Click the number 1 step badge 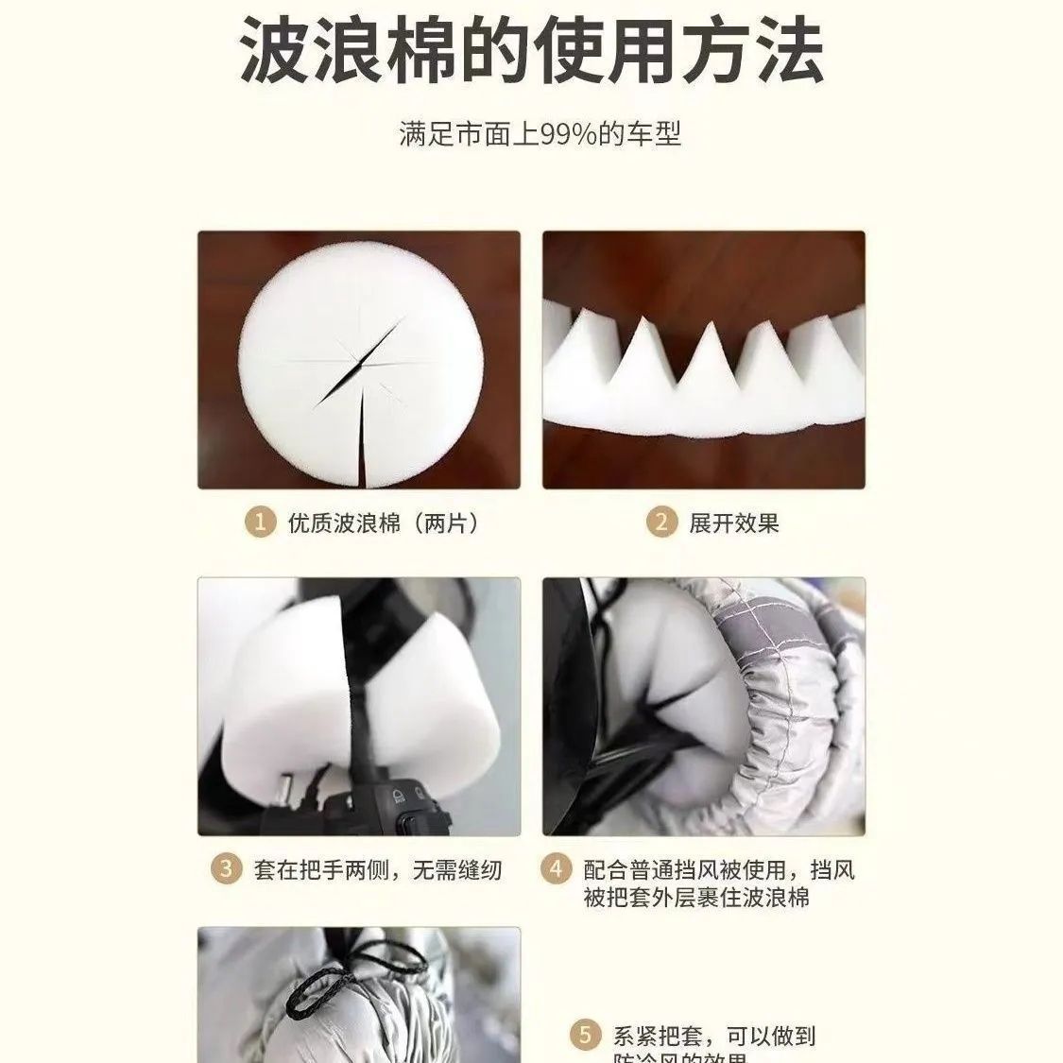(x=259, y=523)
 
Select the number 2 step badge (x=661, y=523)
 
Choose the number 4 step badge (x=556, y=869)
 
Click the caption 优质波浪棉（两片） (x=383, y=523)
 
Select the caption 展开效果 (x=733, y=523)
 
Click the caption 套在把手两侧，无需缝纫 (x=378, y=869)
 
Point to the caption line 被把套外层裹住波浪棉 (x=696, y=897)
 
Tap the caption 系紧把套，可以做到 (x=714, y=1036)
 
